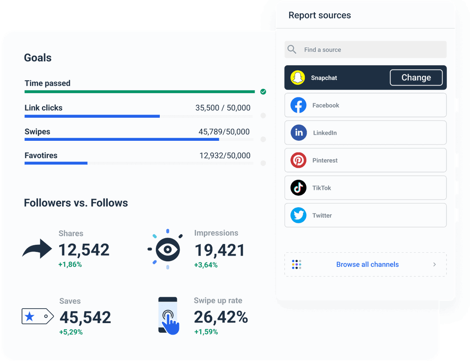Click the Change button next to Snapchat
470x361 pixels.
tap(416, 77)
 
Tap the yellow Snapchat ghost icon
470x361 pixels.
tap(298, 77)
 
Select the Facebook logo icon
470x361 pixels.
tap(298, 105)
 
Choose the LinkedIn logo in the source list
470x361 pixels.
tap(298, 133)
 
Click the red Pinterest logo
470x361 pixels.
tap(298, 160)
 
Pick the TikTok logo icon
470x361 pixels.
tap(298, 188)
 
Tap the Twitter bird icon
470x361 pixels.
tap(298, 215)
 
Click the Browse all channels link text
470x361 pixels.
tap(367, 264)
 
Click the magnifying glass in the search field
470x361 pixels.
tap(292, 49)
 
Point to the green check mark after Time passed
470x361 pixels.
tap(263, 92)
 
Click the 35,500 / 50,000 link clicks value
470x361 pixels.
tap(222, 108)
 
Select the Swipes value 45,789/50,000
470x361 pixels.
tap(224, 132)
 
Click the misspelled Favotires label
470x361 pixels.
tap(41, 155)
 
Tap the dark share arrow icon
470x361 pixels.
tap(37, 249)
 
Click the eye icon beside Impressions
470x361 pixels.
tap(167, 249)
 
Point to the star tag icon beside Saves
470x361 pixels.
tap(37, 316)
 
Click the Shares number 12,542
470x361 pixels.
tap(84, 250)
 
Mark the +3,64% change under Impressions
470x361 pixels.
tap(206, 265)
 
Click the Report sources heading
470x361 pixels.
tap(320, 15)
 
